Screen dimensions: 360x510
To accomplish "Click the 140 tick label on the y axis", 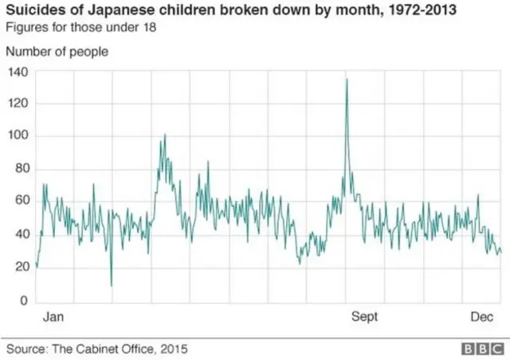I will tap(18, 72).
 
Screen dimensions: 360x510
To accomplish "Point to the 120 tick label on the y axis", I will tap(18, 104).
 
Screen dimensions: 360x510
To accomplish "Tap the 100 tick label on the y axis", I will tap(18, 136).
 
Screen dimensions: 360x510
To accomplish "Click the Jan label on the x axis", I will tap(53, 317).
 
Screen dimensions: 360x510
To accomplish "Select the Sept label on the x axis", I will tap(365, 317).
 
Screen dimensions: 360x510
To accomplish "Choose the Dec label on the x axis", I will tap(481, 317).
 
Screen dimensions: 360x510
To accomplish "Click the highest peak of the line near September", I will tap(347, 79).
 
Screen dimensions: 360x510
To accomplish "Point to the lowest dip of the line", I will tap(112, 285).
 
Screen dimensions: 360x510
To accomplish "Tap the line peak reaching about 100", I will tap(164, 135).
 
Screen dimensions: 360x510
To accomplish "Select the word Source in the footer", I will tap(25, 349).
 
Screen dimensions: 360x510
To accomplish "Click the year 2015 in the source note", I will tap(175, 349).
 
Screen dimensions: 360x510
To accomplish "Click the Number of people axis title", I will tap(57, 52).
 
